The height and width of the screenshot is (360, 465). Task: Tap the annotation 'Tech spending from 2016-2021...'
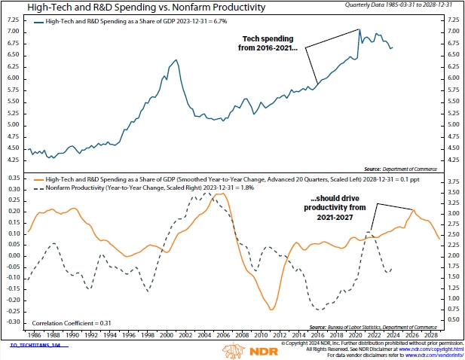pyautogui.click(x=270, y=43)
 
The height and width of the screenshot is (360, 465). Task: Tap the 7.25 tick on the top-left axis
pyautogui.click(x=14, y=19)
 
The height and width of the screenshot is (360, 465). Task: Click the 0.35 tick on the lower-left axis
pyautogui.click(x=14, y=178)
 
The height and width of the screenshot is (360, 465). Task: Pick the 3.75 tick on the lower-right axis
pyautogui.click(x=454, y=182)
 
